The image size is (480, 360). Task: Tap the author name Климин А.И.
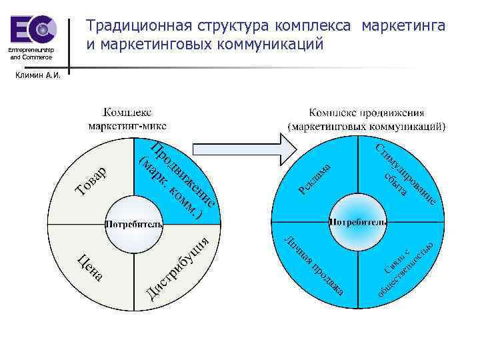(41, 75)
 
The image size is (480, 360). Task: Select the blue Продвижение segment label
(176, 180)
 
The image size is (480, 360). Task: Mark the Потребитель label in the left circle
(134, 225)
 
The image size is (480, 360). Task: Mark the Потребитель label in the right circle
(358, 221)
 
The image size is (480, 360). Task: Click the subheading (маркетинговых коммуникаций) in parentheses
(367, 125)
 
